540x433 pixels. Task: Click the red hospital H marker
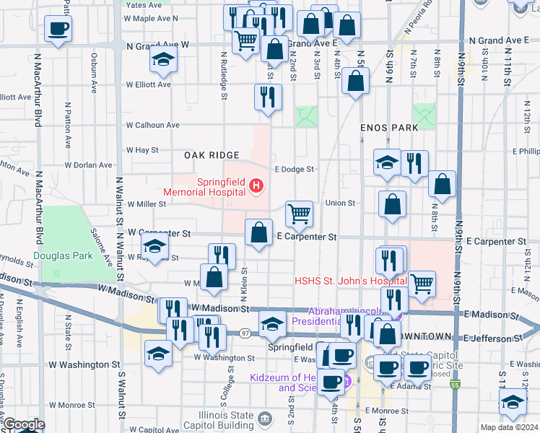(x=255, y=188)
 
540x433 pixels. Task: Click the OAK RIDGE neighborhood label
(x=211, y=155)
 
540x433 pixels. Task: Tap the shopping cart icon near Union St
(x=299, y=213)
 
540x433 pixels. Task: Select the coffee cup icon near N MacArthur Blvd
(x=57, y=29)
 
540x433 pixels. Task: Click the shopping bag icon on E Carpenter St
(x=258, y=232)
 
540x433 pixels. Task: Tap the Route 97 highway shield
(x=245, y=332)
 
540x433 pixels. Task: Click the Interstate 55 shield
(x=455, y=385)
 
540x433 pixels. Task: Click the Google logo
(x=23, y=424)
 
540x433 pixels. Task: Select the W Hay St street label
(x=141, y=150)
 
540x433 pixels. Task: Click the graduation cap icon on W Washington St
(x=158, y=353)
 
